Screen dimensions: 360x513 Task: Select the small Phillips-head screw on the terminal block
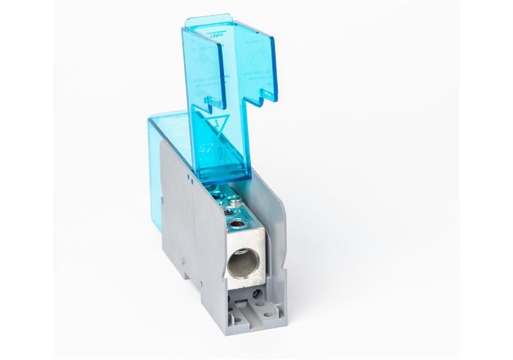pos(234,200)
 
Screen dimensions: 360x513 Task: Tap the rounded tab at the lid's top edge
pos(208,21)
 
